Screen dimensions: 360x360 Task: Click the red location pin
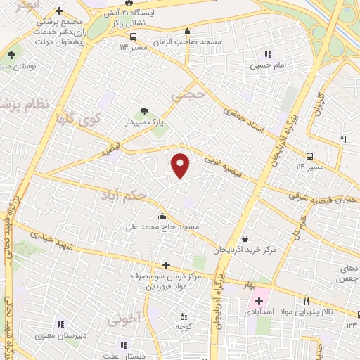(181, 165)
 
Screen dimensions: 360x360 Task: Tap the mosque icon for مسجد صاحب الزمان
(187, 32)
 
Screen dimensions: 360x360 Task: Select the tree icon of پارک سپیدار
(144, 110)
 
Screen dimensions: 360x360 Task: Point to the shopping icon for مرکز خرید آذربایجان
(244, 238)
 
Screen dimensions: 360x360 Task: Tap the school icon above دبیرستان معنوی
(60, 324)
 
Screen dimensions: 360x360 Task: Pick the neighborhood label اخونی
(125, 319)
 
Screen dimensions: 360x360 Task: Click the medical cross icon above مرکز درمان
(166, 265)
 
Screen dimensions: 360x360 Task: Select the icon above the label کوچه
(184, 316)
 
